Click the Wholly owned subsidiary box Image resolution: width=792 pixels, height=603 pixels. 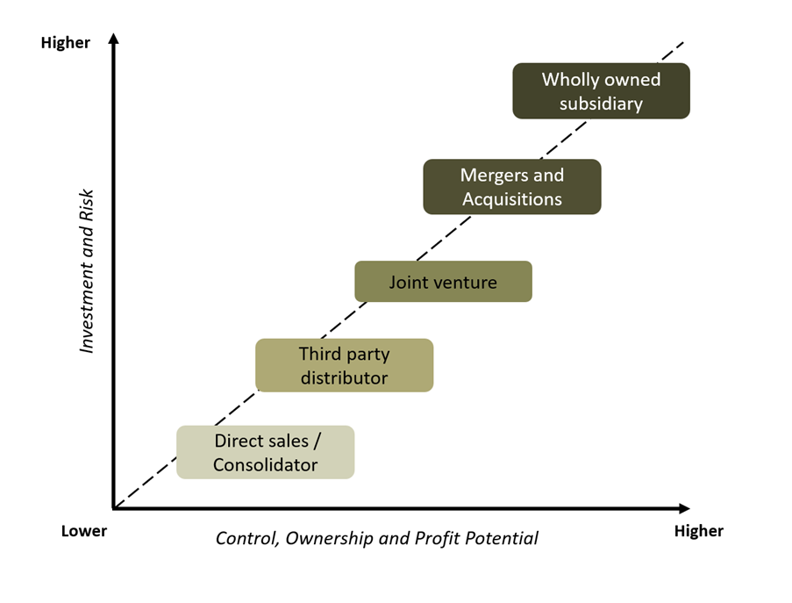(x=601, y=90)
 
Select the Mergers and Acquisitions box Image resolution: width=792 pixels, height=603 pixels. (x=512, y=186)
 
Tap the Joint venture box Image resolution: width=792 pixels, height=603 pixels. (x=443, y=282)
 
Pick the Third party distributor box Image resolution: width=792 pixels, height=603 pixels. (x=344, y=365)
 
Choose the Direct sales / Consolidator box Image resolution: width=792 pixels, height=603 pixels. (x=265, y=452)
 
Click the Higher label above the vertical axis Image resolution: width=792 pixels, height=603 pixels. (x=66, y=42)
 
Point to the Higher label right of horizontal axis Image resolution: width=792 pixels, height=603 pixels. (x=698, y=531)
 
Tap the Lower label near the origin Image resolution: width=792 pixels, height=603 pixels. (x=84, y=531)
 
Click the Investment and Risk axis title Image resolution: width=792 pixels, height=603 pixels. (x=87, y=270)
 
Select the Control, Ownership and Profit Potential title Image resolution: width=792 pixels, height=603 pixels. (x=377, y=537)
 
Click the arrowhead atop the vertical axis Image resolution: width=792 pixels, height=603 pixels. (x=113, y=39)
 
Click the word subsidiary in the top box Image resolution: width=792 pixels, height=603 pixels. (x=602, y=104)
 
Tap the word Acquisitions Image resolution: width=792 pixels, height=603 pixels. (x=512, y=199)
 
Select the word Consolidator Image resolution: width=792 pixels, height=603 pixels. (x=265, y=465)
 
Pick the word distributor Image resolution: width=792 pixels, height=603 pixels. (x=344, y=378)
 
